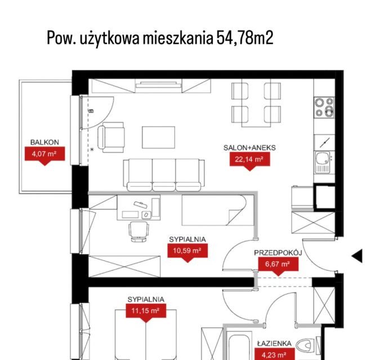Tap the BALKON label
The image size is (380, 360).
(x=44, y=142)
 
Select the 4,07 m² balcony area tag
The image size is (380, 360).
(x=44, y=155)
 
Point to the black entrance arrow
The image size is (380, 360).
(x=357, y=255)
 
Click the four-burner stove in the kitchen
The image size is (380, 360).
(x=324, y=107)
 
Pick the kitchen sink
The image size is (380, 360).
(x=321, y=162)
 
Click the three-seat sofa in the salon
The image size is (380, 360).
(x=164, y=175)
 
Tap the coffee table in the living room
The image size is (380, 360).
(x=159, y=137)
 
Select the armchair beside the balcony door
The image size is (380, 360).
(x=111, y=137)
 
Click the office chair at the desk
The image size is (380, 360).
(x=138, y=232)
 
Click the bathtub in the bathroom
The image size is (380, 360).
(x=239, y=346)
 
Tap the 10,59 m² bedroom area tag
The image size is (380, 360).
(x=187, y=252)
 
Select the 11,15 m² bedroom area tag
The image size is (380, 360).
(x=146, y=312)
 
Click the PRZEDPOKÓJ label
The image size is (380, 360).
(x=278, y=253)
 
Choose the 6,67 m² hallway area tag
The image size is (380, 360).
(x=278, y=265)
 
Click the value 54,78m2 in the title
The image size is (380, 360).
(x=245, y=38)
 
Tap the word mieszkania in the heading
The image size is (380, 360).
(x=178, y=38)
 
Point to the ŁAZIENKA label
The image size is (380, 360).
(x=275, y=343)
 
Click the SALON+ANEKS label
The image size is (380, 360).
(x=249, y=148)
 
